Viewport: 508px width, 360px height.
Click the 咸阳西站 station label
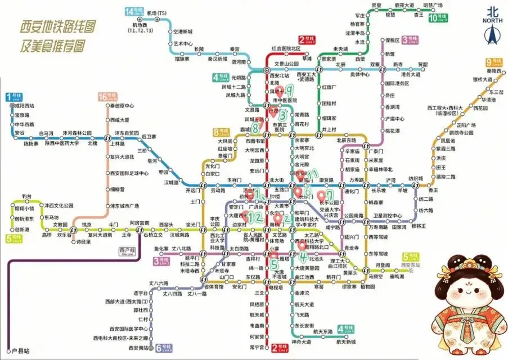(x=25, y=106)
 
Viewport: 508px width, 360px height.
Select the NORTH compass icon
(x=493, y=31)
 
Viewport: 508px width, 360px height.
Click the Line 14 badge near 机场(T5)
(x=133, y=12)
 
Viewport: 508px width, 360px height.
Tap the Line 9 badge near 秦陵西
(x=493, y=62)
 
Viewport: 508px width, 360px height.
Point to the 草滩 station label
(x=307, y=58)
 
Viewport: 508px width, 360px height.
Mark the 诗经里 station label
(x=83, y=242)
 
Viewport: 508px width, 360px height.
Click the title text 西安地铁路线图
(x=57, y=26)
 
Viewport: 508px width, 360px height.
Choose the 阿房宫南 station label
(x=140, y=223)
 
